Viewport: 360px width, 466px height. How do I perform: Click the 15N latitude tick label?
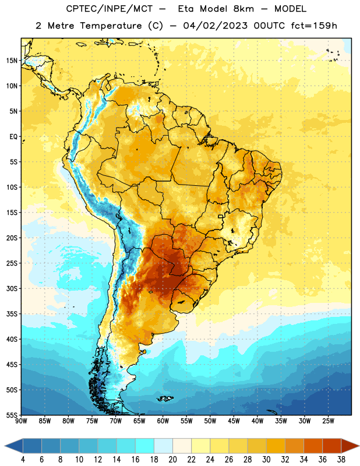point(12,61)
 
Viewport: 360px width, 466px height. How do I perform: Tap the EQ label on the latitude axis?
point(13,137)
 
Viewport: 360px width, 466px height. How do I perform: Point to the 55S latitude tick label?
point(12,415)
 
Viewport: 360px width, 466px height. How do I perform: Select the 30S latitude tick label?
point(12,288)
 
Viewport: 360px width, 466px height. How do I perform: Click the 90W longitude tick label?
point(21,421)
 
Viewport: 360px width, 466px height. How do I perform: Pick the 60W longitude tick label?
point(163,421)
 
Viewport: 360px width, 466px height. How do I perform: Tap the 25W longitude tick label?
point(328,421)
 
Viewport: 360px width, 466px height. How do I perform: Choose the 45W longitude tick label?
point(234,421)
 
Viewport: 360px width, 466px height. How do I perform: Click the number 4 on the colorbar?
point(23,460)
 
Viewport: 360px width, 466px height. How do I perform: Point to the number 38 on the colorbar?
point(341,460)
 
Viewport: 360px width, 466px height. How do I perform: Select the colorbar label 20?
point(172,460)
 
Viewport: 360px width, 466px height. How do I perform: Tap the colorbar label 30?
point(266,460)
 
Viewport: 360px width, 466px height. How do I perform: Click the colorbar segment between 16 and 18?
point(145,446)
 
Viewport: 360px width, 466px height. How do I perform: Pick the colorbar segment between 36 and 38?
point(332,446)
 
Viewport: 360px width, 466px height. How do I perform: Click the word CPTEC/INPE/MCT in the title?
point(110,9)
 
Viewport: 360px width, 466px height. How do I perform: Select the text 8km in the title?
point(243,9)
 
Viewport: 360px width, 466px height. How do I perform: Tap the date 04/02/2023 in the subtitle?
point(215,26)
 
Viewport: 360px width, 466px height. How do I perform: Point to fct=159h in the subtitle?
point(314,26)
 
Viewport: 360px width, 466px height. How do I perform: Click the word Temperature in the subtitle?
point(111,26)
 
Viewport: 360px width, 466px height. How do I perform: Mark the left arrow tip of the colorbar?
point(5,446)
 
